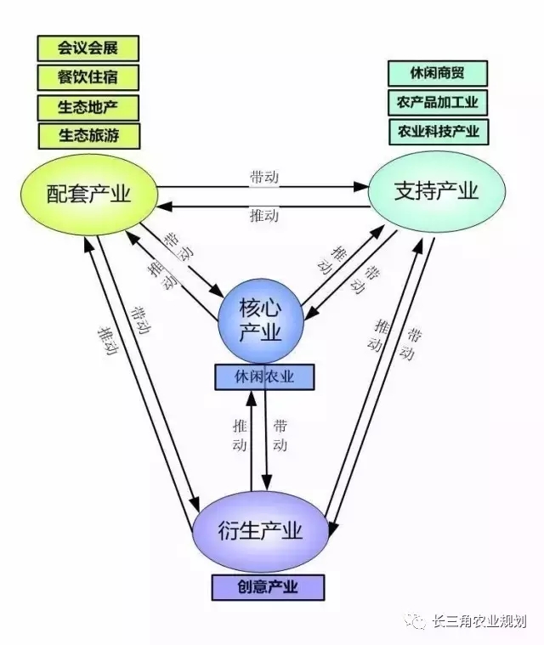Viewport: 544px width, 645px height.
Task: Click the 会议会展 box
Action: (88, 48)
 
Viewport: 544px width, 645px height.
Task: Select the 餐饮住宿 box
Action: (88, 77)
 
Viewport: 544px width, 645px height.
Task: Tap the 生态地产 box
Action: (88, 106)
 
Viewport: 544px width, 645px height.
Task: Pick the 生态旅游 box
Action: (88, 135)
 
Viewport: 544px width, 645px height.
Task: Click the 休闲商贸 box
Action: (438, 73)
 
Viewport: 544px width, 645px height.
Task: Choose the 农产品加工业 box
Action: (438, 103)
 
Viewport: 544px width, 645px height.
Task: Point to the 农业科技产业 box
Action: (438, 132)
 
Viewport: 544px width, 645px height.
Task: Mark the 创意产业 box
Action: (268, 586)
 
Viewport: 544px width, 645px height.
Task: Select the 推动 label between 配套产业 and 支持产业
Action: (264, 216)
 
